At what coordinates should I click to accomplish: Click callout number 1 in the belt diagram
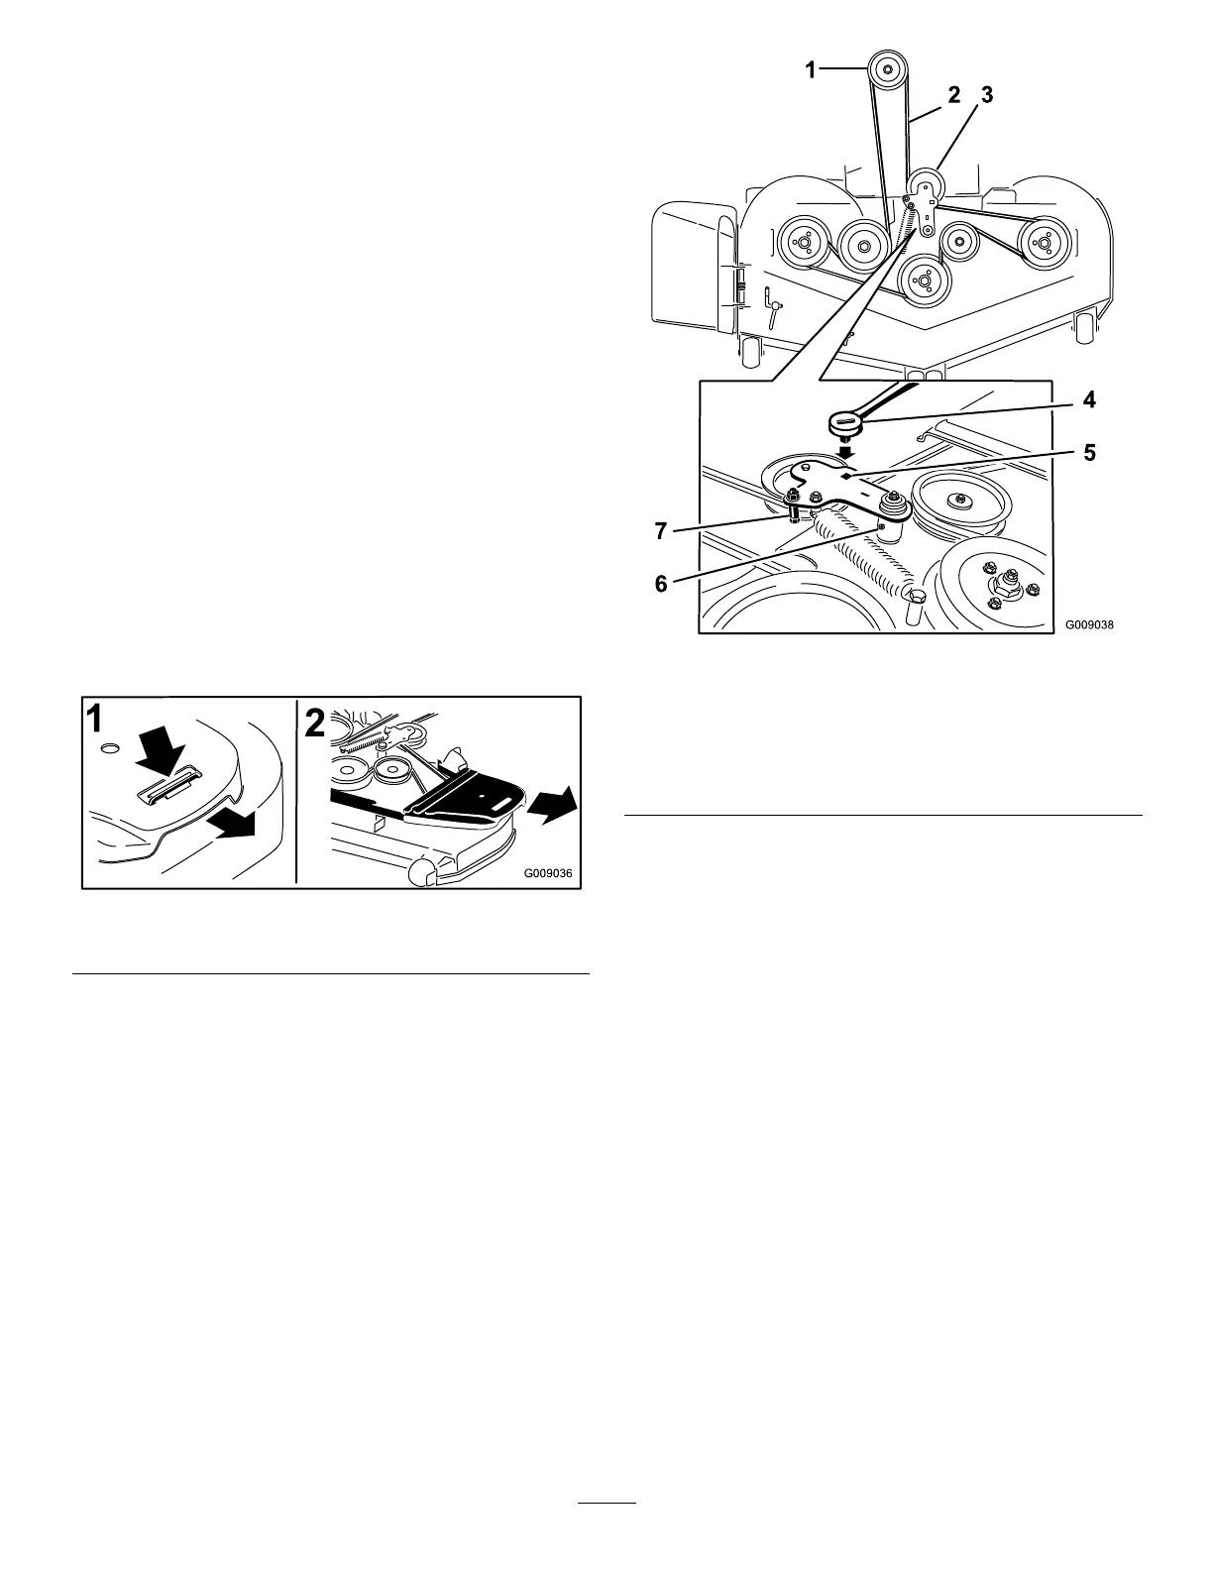click(x=811, y=69)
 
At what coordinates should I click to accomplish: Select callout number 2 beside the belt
click(x=953, y=95)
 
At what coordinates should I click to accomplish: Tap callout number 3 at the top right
click(x=985, y=95)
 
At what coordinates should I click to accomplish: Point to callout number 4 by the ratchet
click(x=1089, y=401)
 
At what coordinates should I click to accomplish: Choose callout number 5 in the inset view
click(x=1089, y=453)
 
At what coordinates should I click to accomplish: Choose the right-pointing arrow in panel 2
click(x=551, y=801)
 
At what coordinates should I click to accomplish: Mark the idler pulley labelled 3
click(x=929, y=184)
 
